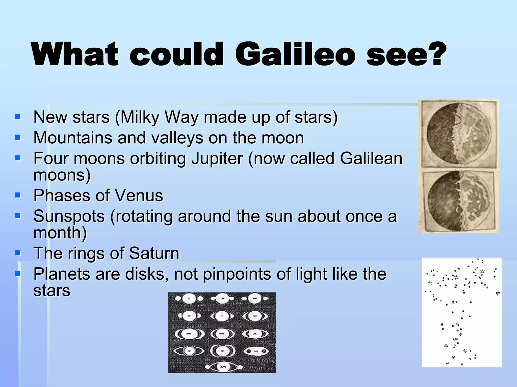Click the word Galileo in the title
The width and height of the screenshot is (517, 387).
click(295, 54)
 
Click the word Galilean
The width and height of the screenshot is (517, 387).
click(371, 158)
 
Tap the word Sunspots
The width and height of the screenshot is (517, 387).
click(69, 216)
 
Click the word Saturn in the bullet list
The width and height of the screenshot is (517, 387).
click(154, 253)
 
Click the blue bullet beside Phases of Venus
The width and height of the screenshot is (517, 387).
click(18, 195)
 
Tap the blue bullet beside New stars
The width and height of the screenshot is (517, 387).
click(18, 117)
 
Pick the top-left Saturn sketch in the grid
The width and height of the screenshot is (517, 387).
click(189, 299)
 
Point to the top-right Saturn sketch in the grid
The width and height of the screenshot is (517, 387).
click(255, 299)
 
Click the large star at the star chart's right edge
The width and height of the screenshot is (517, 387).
click(498, 293)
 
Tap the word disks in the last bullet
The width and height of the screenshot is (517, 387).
click(147, 274)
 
